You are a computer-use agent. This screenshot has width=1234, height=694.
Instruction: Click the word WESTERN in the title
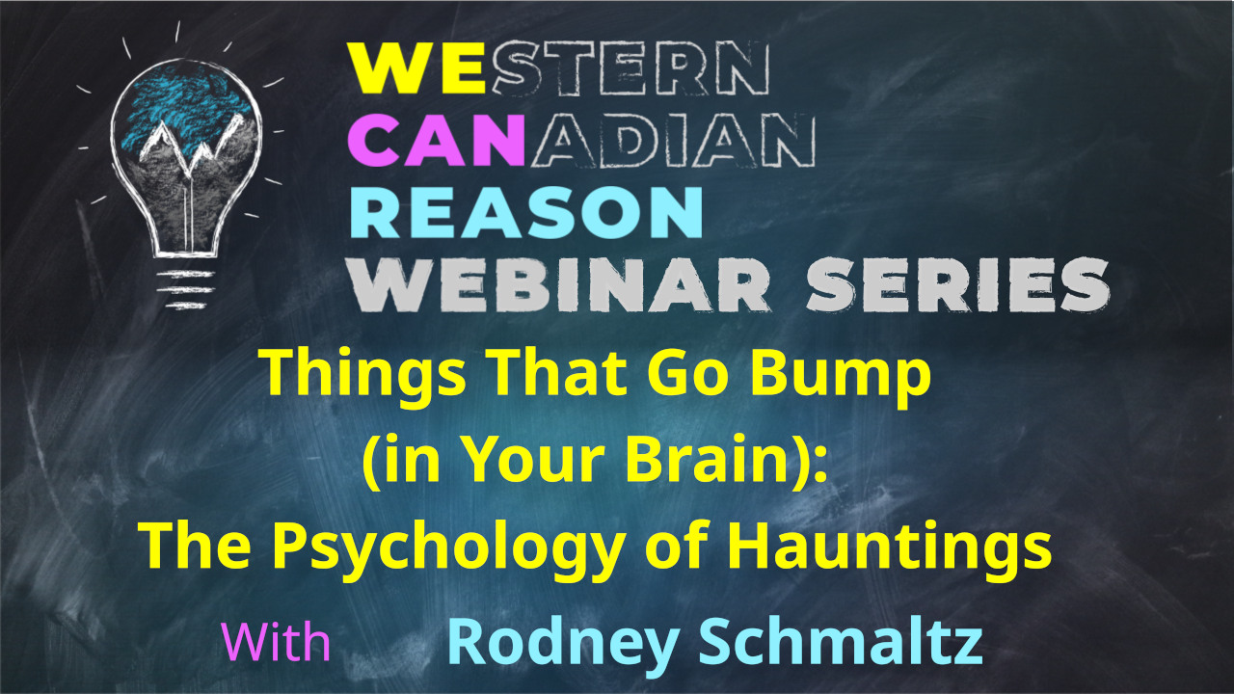pyautogui.click(x=558, y=67)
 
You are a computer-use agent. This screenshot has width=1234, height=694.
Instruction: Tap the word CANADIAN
pyautogui.click(x=581, y=140)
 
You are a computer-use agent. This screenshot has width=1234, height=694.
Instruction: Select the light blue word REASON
pyautogui.click(x=526, y=213)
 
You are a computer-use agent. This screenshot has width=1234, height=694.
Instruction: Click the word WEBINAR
pyautogui.click(x=560, y=285)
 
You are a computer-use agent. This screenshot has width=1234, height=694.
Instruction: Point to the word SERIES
pyautogui.click(x=957, y=285)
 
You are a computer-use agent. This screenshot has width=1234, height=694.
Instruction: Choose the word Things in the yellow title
pyautogui.click(x=364, y=376)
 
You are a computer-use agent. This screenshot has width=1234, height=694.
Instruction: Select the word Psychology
pyautogui.click(x=447, y=547)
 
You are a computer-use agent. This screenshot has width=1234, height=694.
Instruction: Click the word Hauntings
pyautogui.click(x=889, y=547)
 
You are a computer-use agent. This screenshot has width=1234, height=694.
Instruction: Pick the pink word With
pyautogui.click(x=276, y=641)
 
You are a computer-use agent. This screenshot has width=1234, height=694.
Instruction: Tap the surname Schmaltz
pyautogui.click(x=841, y=642)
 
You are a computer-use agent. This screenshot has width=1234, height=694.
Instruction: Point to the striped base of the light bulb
pyautogui.click(x=184, y=289)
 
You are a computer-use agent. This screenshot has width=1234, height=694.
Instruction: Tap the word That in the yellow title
pyautogui.click(x=557, y=376)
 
